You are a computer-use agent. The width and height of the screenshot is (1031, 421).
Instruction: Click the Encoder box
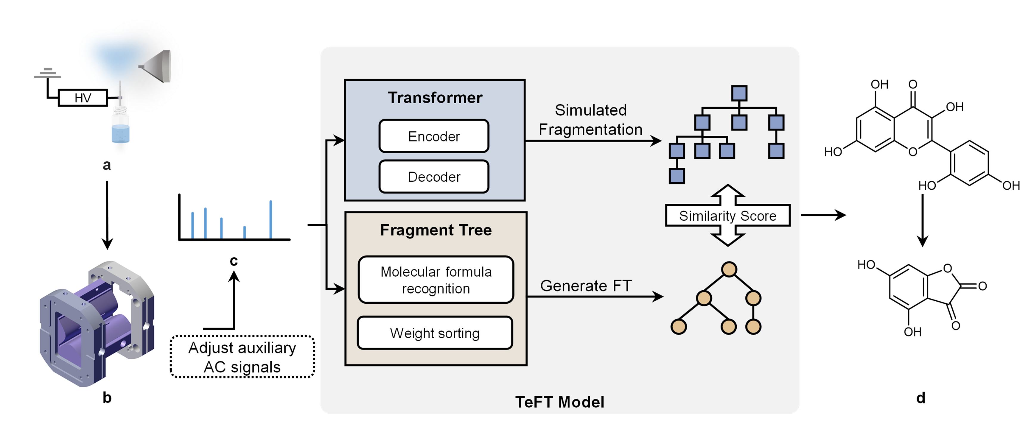434,136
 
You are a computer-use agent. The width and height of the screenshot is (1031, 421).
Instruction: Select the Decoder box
434,177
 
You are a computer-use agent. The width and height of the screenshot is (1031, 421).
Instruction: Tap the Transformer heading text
435,98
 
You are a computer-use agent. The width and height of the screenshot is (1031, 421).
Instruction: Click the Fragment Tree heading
436,230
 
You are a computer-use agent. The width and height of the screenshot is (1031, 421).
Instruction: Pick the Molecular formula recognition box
436,280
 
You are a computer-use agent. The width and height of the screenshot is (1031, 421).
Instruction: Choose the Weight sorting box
435,333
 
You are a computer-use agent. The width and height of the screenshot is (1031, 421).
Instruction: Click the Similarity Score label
728,216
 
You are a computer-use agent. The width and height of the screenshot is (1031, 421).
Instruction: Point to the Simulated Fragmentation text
590,120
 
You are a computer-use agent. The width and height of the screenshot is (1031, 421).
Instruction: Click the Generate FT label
586,286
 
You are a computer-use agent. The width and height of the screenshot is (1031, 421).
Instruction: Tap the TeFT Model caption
559,402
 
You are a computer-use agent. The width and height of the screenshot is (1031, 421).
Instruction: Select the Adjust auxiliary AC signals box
242,357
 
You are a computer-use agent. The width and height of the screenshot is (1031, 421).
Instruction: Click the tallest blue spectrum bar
270,219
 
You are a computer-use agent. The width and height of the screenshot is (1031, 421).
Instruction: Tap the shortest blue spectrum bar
244,232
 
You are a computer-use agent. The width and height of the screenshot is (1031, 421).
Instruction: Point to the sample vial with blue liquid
120,130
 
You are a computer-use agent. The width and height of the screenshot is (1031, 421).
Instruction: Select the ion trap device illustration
96,323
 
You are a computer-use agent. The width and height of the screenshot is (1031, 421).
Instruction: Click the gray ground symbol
47,73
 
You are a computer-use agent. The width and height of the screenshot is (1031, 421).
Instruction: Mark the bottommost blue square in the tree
677,176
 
